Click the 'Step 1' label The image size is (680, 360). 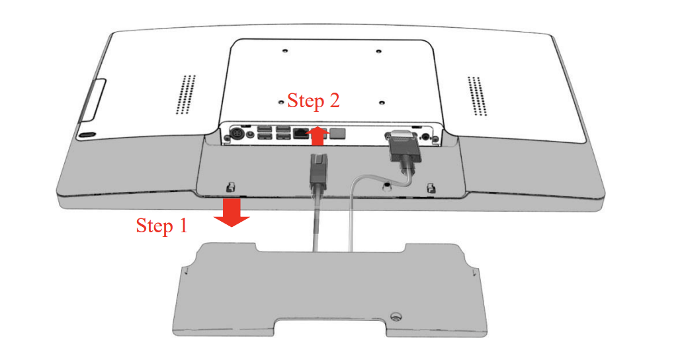[162, 226]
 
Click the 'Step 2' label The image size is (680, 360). [313, 101]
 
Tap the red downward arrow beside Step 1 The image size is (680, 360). [232, 212]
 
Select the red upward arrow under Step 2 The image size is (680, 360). [318, 136]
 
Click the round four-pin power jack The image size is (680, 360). [237, 133]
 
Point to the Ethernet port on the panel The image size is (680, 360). [300, 133]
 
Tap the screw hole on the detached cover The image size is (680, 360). [395, 316]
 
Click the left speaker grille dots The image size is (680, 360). [185, 95]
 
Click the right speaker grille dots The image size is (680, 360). [477, 96]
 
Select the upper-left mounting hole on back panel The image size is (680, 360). [284, 50]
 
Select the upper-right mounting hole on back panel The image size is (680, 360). [378, 51]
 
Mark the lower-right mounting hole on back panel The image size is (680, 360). [382, 103]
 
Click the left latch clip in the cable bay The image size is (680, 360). [231, 187]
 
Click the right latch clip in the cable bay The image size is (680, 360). [431, 189]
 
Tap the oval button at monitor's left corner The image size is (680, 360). [87, 135]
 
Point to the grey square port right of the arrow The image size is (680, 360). [338, 133]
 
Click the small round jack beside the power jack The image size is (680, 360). [249, 134]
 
